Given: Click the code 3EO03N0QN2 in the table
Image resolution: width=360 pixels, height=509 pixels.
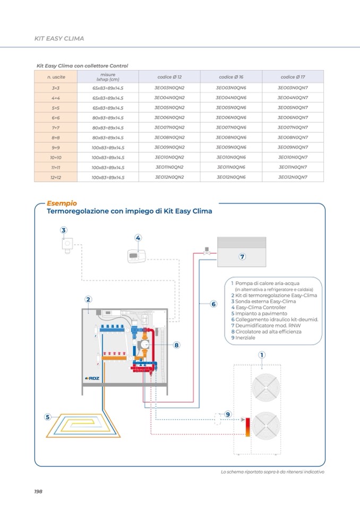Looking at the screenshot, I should [x=169, y=88].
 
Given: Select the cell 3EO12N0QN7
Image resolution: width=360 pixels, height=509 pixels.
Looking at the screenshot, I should [x=293, y=177].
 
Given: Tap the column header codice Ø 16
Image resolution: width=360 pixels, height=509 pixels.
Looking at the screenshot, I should [x=231, y=77].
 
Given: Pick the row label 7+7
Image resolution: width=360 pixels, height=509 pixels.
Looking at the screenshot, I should [x=55, y=127].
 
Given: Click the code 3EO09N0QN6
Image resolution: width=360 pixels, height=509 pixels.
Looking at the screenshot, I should [x=231, y=148].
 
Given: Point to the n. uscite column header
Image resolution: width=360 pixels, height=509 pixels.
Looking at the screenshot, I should [x=55, y=77].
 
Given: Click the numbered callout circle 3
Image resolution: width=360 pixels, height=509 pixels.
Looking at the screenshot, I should [x=64, y=230].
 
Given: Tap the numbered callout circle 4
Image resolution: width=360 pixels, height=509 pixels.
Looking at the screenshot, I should [x=138, y=238].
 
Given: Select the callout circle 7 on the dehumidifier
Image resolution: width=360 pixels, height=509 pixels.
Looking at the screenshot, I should [x=242, y=257].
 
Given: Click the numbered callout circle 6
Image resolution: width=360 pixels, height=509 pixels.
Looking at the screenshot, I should [x=213, y=304].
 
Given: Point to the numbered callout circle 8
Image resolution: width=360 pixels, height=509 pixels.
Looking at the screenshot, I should [x=176, y=345].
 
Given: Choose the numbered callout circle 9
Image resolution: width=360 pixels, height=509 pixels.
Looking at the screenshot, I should [x=228, y=414].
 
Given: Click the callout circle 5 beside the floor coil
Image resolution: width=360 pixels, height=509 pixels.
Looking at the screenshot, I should [x=48, y=417].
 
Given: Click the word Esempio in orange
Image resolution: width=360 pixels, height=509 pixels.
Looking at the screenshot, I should [x=62, y=203].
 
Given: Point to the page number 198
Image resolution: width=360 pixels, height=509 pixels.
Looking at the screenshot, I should [x=38, y=491].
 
